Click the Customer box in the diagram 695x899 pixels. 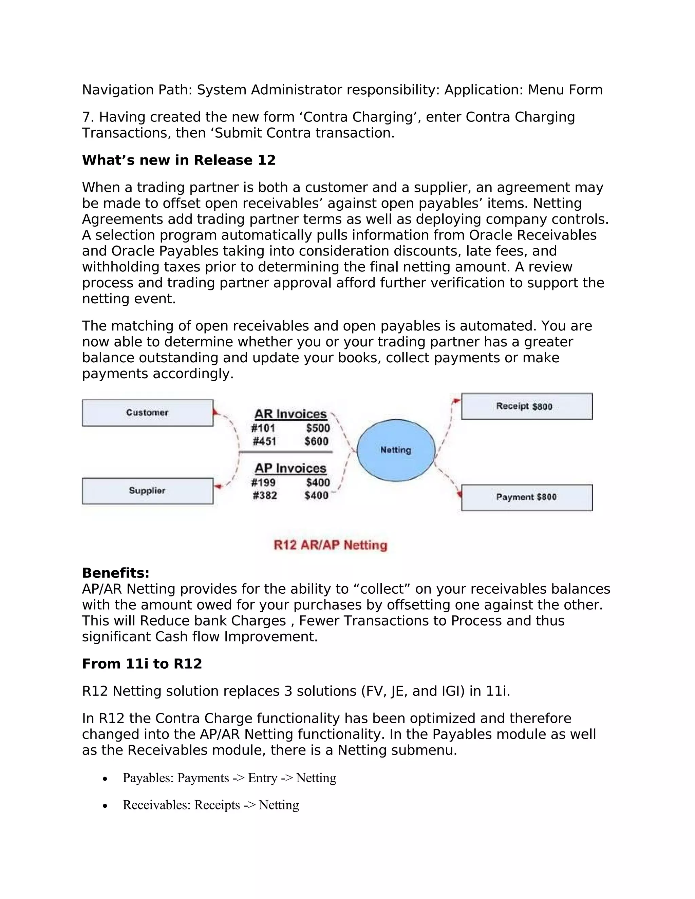tap(147, 413)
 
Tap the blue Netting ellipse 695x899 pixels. tap(396, 450)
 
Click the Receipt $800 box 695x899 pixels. tap(526, 406)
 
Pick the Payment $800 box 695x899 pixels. tap(526, 497)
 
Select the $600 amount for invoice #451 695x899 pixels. tap(316, 441)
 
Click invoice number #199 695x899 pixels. tap(263, 482)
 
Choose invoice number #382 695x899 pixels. tap(264, 496)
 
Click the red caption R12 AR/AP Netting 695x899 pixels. tap(330, 545)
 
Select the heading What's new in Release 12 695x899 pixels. tap(179, 160)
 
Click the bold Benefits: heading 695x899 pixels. tap(116, 573)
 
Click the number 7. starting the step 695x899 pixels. tap(88, 117)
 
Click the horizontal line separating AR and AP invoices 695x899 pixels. tap(286, 452)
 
